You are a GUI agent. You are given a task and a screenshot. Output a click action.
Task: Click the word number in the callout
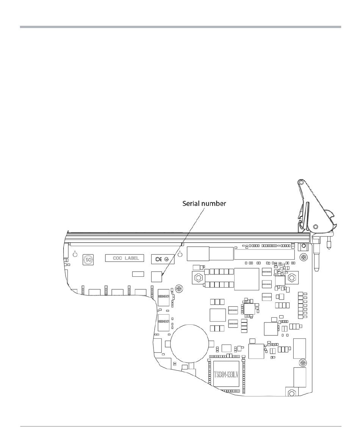coord(214,204)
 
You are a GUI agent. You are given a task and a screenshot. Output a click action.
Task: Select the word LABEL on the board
coord(132,258)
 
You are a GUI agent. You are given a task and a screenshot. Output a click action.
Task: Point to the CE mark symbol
coord(158,259)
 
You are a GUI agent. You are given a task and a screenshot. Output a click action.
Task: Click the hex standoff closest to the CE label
coord(197,278)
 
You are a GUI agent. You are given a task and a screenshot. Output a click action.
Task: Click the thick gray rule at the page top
coord(180,27)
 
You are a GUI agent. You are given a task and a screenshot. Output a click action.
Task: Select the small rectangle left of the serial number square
coord(138,274)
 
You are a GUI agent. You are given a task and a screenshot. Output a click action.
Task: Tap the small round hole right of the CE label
coord(180,254)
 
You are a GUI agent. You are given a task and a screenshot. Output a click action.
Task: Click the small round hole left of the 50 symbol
coord(75,255)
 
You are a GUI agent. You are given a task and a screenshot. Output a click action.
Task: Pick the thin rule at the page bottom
coord(180,426)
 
